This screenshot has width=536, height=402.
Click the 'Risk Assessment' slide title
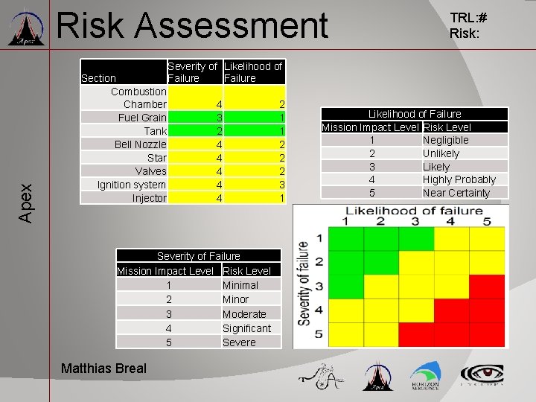coord(192,26)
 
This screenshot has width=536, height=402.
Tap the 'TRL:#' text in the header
coord(468,19)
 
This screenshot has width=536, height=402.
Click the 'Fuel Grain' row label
coord(142,118)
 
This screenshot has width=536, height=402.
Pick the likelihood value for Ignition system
coord(281,185)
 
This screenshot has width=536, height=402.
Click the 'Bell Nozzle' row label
coord(141,144)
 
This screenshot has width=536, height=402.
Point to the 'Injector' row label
coord(149,198)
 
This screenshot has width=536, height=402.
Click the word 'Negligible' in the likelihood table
coord(445,140)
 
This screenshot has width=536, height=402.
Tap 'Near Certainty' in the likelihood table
coord(456,193)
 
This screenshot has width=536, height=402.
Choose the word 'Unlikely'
coord(441,153)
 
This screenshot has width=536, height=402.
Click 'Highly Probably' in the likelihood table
coord(459,179)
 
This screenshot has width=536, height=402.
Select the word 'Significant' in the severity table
coord(246,328)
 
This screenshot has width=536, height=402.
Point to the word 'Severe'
coord(239,342)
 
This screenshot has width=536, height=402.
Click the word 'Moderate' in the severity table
coord(244,314)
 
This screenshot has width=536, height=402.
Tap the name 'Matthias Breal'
coord(103,368)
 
